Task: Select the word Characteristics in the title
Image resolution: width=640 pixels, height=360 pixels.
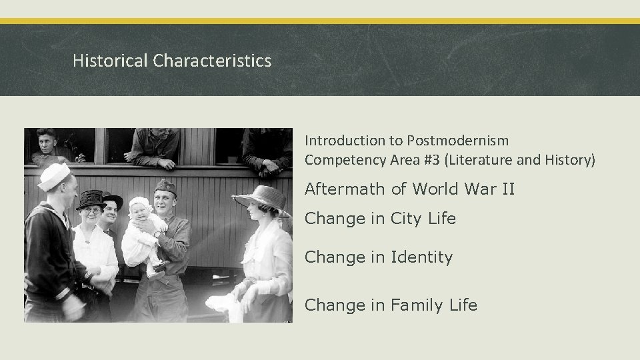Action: (x=212, y=61)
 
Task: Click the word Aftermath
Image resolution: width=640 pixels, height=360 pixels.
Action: (x=345, y=189)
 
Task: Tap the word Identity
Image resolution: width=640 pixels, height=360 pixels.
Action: (x=421, y=257)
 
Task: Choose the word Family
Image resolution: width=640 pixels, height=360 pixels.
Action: (x=417, y=305)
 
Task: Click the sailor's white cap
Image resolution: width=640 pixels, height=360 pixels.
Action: (x=55, y=175)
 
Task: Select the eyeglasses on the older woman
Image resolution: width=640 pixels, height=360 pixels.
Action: (x=91, y=210)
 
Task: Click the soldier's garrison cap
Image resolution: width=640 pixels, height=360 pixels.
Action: (x=164, y=187)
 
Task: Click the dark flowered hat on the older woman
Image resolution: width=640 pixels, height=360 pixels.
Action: (x=93, y=199)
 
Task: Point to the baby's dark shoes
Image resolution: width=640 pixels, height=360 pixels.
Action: (x=158, y=268)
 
